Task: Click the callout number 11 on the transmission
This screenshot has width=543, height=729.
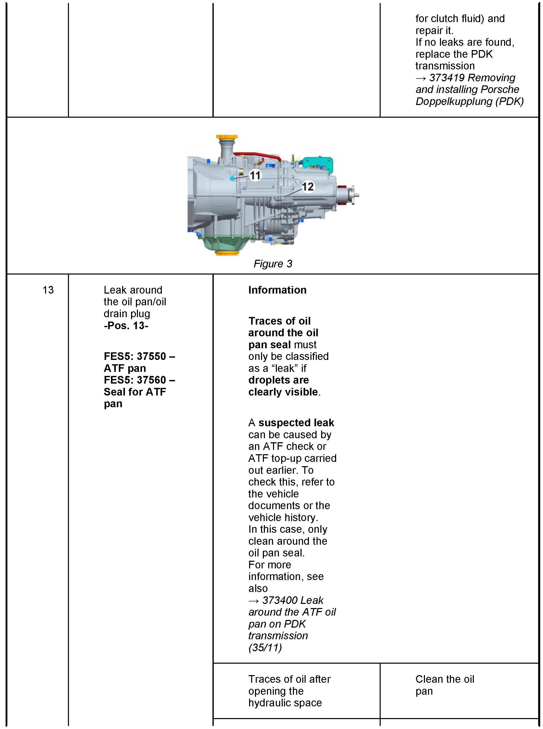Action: pyautogui.click(x=255, y=175)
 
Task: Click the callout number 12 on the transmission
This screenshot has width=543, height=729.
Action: pyautogui.click(x=308, y=187)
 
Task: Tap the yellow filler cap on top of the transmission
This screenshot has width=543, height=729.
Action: pyautogui.click(x=226, y=138)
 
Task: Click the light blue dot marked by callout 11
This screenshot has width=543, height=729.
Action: pyautogui.click(x=232, y=178)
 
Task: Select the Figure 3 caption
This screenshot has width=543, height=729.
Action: pyautogui.click(x=273, y=264)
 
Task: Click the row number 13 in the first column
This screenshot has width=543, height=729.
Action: pyautogui.click(x=48, y=290)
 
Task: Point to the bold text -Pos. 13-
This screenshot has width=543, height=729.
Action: pyautogui.click(x=126, y=325)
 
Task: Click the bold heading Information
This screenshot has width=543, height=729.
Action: pyautogui.click(x=277, y=290)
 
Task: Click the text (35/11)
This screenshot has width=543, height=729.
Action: pyautogui.click(x=265, y=648)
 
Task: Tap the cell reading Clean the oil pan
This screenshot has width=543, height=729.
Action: pyautogui.click(x=444, y=685)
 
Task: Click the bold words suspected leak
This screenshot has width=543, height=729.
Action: pyautogui.click(x=296, y=423)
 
